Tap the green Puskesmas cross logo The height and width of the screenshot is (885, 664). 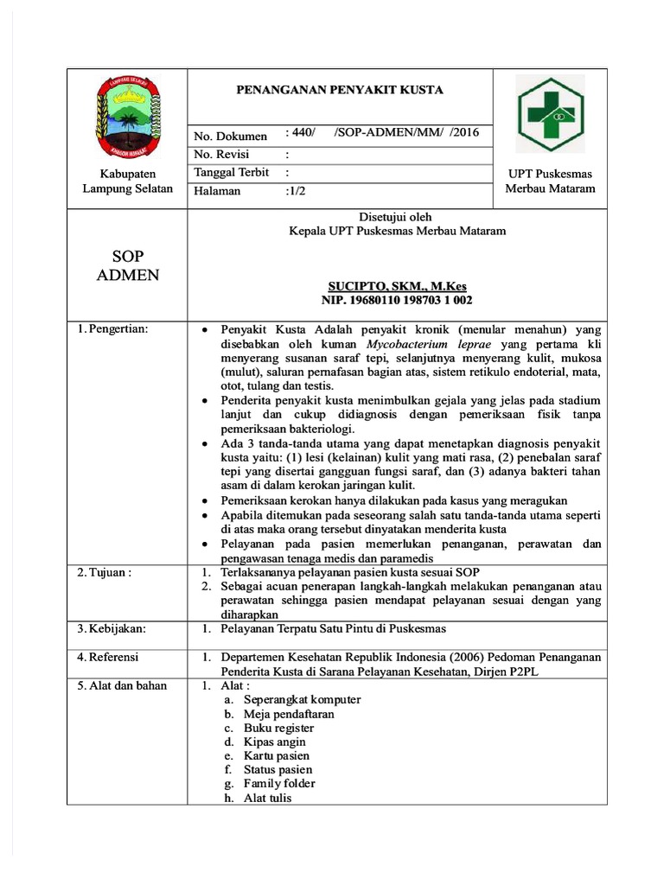pos(550,114)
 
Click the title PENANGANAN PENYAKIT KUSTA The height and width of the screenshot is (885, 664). pos(340,89)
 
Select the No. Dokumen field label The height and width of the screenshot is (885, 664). pos(231,137)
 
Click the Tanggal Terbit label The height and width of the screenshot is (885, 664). pos(232,173)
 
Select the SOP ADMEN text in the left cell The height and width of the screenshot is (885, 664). pos(127,266)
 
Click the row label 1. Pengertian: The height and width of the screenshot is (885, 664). pos(113,329)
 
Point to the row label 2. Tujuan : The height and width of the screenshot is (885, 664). pos(105,573)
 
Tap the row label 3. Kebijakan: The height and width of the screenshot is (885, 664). pos(112,628)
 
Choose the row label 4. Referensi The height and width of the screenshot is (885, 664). pos(109,657)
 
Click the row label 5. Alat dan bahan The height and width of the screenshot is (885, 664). pos(123,685)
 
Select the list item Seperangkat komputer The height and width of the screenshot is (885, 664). pos(302,699)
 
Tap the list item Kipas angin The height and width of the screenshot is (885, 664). pos(274,742)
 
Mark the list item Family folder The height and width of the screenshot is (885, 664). pos(279,783)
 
